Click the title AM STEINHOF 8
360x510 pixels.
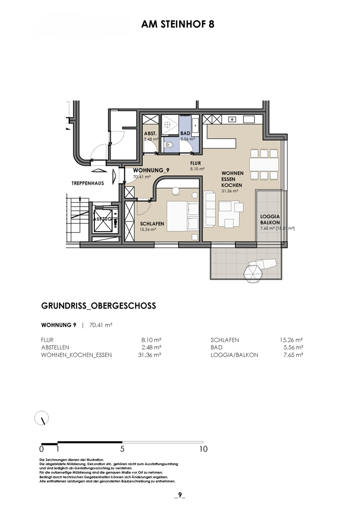pos(177,24)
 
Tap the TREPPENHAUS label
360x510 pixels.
pos(88,184)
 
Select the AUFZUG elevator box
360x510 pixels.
pos(103,219)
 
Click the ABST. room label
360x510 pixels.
pos(150,134)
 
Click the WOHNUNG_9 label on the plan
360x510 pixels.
pos(151,170)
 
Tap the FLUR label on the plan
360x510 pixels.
pos(196,163)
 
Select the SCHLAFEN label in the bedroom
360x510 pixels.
pos(152,224)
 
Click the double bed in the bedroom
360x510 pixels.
pos(183,216)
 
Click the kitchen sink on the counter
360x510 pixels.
pos(232,119)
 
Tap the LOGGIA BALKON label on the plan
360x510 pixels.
pos(270,219)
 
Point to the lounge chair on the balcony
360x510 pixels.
pos(262,268)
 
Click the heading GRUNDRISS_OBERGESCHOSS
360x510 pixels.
pos(98,305)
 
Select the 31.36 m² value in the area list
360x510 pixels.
pos(150,355)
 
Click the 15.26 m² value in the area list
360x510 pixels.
pos(292,340)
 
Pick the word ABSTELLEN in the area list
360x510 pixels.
pos(55,347)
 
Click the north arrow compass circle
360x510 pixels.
pos(42,418)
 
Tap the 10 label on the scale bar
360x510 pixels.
pos(203,449)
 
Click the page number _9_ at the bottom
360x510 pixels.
pos(180,496)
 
